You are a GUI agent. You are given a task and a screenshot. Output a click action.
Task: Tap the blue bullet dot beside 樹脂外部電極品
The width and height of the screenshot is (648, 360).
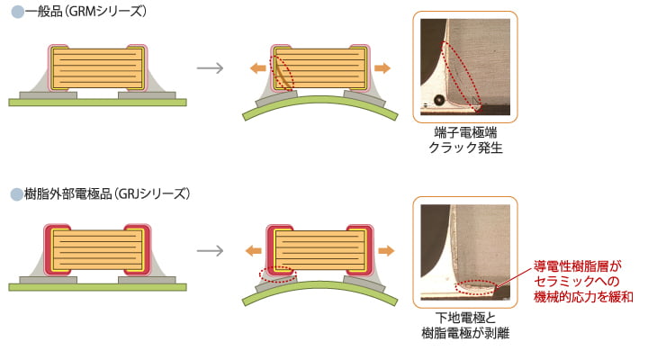pos(15,193)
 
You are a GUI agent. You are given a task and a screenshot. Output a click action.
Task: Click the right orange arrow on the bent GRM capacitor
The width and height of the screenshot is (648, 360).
pos(382,67)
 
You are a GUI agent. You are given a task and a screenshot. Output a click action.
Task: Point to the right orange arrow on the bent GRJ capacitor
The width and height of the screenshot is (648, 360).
pos(382,250)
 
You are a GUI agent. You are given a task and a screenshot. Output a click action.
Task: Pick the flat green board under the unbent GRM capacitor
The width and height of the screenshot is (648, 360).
pos(97,103)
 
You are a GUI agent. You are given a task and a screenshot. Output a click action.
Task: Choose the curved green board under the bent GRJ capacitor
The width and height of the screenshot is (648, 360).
pos(319,292)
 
